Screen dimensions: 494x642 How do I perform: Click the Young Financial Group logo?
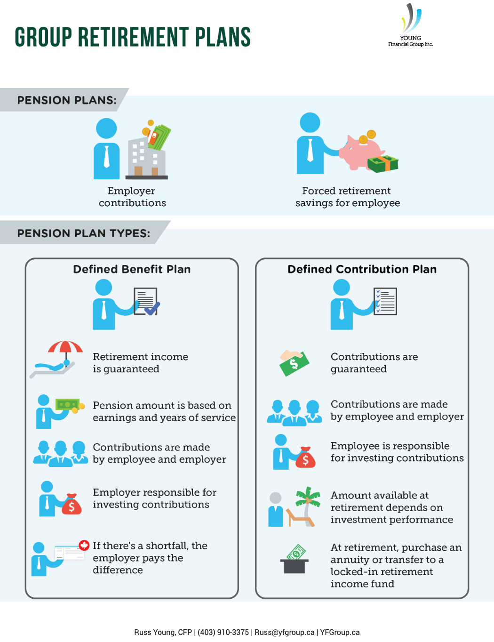[410, 25]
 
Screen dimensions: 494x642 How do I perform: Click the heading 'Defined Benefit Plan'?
[132, 269]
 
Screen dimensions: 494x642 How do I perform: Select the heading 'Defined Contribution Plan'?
[362, 269]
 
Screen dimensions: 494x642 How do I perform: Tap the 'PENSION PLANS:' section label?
[67, 100]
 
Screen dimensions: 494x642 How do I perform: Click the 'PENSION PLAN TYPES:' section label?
[84, 233]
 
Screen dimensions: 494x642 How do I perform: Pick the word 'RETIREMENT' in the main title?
[134, 37]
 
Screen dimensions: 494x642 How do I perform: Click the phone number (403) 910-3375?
[223, 632]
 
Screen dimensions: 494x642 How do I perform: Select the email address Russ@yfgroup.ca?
[284, 632]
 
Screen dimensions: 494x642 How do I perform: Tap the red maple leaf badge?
[84, 545]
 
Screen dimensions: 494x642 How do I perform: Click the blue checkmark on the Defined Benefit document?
[152, 308]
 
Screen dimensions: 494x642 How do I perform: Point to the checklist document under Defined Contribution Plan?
[385, 301]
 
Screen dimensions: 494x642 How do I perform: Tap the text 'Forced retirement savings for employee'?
[348, 197]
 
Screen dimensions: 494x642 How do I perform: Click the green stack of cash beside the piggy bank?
[382, 164]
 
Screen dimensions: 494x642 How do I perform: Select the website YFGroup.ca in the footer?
[340, 632]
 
